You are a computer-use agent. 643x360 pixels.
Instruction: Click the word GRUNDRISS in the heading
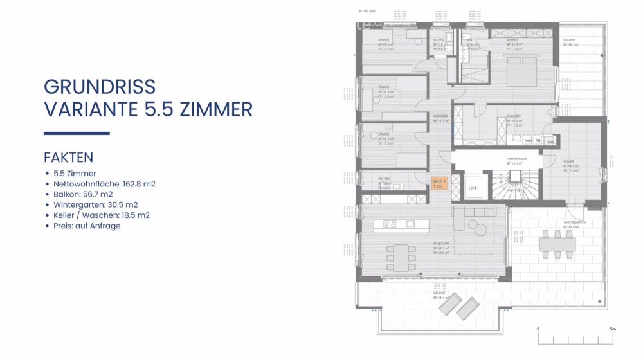(x=99, y=87)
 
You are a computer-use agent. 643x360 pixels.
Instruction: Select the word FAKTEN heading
(x=68, y=157)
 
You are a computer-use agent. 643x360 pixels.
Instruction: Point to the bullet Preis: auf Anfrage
(x=87, y=226)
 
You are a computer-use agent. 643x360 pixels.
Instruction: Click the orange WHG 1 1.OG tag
(x=438, y=183)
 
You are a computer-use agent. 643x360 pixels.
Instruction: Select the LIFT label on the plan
(x=473, y=188)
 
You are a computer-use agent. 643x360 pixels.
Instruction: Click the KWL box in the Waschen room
(x=550, y=141)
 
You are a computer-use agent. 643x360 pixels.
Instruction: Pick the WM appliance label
(x=528, y=139)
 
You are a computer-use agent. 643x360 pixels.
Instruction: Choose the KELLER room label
(x=568, y=161)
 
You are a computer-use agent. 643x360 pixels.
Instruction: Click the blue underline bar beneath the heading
(x=77, y=133)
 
